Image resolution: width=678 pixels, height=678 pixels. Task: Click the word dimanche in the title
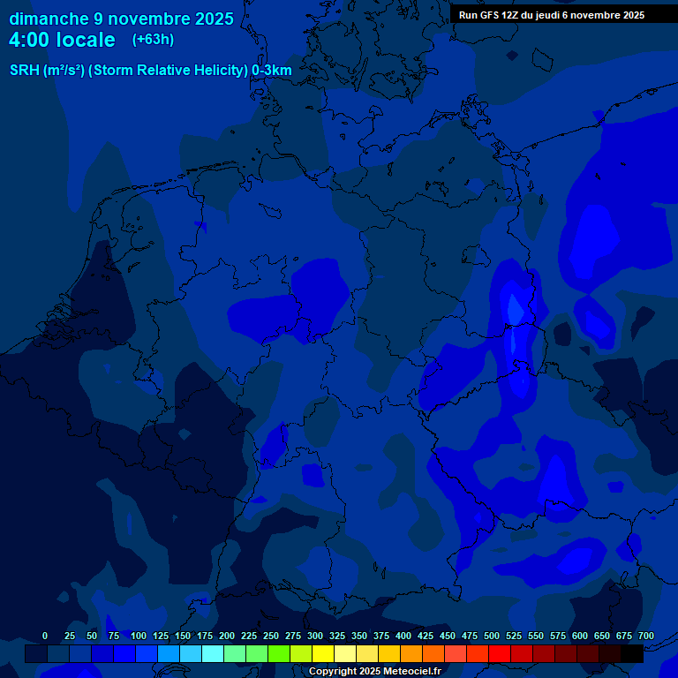click(49, 19)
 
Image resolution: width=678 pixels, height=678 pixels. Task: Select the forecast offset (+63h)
click(153, 40)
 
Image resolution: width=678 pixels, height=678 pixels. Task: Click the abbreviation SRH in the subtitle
click(25, 70)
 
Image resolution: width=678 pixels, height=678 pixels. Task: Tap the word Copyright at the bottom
click(333, 671)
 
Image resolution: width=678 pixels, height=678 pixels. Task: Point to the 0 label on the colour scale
click(45, 636)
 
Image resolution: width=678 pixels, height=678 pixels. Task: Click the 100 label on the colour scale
click(138, 636)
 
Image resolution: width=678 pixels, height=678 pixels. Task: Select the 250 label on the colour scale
click(271, 636)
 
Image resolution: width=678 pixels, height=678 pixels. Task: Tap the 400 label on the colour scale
click(403, 636)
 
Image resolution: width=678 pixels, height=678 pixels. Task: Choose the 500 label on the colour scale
click(492, 636)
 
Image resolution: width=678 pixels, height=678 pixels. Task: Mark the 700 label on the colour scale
click(645, 636)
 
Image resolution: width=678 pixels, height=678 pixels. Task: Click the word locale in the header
click(87, 40)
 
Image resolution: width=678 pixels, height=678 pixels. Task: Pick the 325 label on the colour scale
click(337, 636)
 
